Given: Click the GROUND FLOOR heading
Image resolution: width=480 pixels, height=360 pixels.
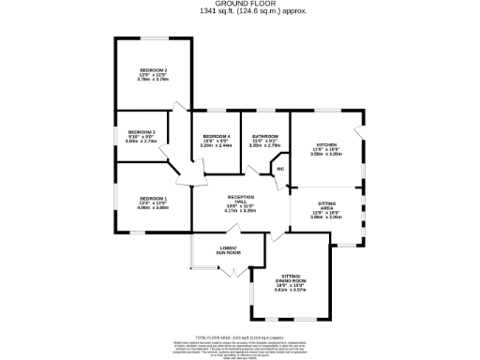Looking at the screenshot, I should [239, 4].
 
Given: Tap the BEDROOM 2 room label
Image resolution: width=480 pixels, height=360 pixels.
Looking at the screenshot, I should [153, 70].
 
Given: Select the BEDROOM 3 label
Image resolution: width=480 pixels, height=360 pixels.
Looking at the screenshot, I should [141, 132].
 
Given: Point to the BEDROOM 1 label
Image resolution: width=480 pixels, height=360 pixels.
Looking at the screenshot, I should [153, 198].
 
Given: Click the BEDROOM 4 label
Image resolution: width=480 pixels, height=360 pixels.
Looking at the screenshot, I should [217, 137].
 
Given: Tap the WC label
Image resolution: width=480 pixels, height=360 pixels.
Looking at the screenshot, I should [280, 169].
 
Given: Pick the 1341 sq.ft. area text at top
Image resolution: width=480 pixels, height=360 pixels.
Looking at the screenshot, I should [239, 11].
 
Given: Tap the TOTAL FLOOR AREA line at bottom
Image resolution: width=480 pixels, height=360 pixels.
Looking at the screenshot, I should [239, 337].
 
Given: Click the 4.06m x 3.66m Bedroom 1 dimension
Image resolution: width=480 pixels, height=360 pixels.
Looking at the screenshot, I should [153, 207].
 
